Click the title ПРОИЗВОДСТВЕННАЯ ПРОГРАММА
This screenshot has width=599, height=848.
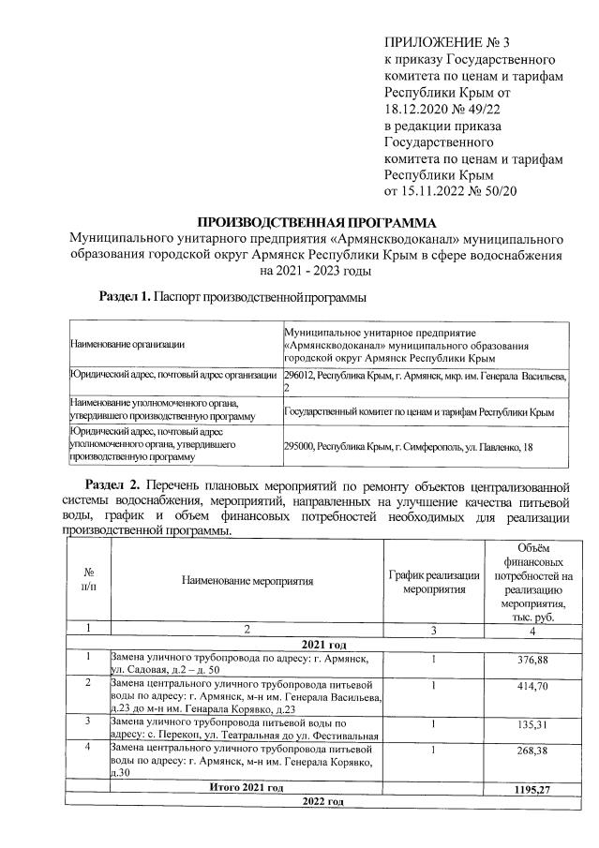coord(316,223)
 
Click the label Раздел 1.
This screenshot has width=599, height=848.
coord(125,297)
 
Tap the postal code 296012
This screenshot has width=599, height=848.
coord(300,377)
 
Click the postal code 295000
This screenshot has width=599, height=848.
coord(300,448)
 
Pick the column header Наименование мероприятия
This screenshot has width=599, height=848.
coord(247,582)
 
